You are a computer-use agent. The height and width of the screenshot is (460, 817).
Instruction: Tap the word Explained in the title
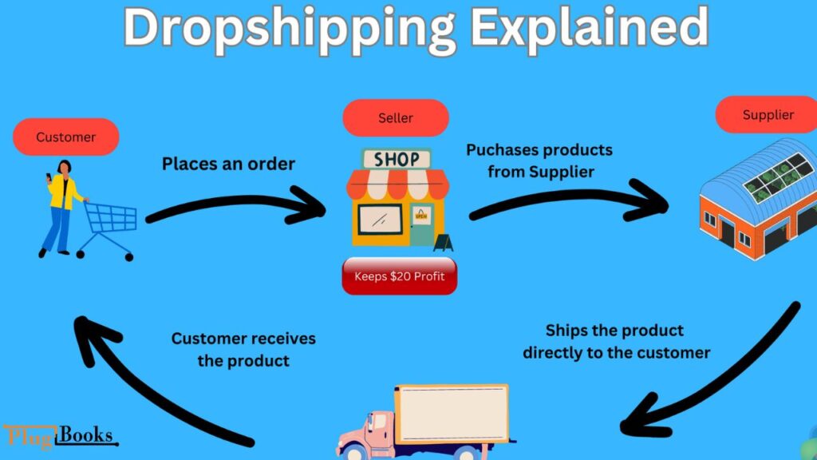click(589, 29)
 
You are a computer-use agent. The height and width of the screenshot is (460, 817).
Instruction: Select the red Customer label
click(66, 137)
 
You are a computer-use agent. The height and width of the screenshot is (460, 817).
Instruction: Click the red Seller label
click(396, 118)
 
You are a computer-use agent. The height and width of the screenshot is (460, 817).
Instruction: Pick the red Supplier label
click(768, 115)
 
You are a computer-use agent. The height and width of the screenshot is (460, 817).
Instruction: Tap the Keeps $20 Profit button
click(399, 278)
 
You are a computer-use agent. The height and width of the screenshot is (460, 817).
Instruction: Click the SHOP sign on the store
click(396, 159)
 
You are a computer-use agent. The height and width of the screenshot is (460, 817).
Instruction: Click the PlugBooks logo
click(60, 436)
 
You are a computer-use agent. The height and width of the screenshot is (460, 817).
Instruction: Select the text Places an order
click(228, 165)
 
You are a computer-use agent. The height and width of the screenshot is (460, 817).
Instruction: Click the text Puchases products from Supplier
click(539, 160)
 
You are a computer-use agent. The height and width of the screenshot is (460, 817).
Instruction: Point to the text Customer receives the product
click(243, 349)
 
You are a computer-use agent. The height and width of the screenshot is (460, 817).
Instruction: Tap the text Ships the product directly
click(616, 341)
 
